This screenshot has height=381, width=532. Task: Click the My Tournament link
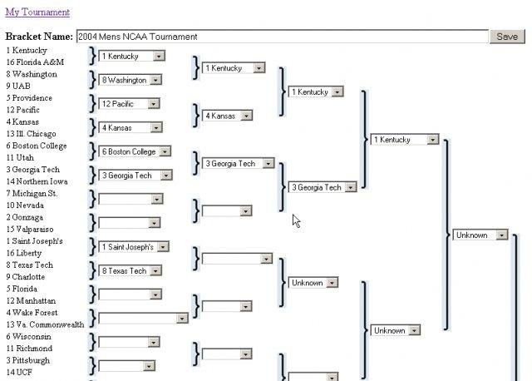(x=37, y=12)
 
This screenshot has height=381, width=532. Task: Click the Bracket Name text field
(x=281, y=37)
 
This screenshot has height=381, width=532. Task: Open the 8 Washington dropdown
(x=131, y=80)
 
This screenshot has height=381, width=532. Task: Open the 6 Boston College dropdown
(x=135, y=151)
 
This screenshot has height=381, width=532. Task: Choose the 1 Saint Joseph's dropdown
(x=134, y=247)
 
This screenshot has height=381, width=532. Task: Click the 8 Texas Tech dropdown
(x=131, y=270)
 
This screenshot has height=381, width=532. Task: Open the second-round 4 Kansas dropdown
(x=227, y=116)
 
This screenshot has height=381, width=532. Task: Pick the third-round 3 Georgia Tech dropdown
(x=323, y=187)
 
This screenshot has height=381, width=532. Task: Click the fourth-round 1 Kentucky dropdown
(x=405, y=140)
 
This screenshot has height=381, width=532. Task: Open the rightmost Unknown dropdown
(x=480, y=235)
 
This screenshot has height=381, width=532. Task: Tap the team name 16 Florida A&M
(x=34, y=62)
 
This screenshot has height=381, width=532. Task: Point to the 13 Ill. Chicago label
(x=31, y=134)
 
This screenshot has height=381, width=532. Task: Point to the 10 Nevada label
(x=24, y=205)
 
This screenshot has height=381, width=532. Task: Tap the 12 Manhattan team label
(x=31, y=300)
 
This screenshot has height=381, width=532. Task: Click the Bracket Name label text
(x=38, y=37)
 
